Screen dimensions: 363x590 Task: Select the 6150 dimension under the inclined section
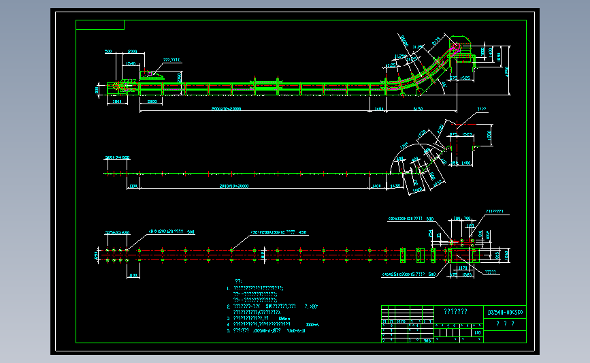pyautogui.click(x=419, y=108)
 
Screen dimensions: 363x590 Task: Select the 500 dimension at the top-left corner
pyautogui.click(x=108, y=52)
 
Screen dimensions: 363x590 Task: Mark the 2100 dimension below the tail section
pyautogui.click(x=152, y=101)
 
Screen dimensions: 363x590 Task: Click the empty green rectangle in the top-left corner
pyautogui.click(x=100, y=25)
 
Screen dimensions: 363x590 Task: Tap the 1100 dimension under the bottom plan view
pyautogui.click(x=133, y=275)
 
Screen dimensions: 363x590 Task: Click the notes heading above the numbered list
pyautogui.click(x=238, y=281)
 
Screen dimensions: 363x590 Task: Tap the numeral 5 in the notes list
pyautogui.click(x=229, y=330)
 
